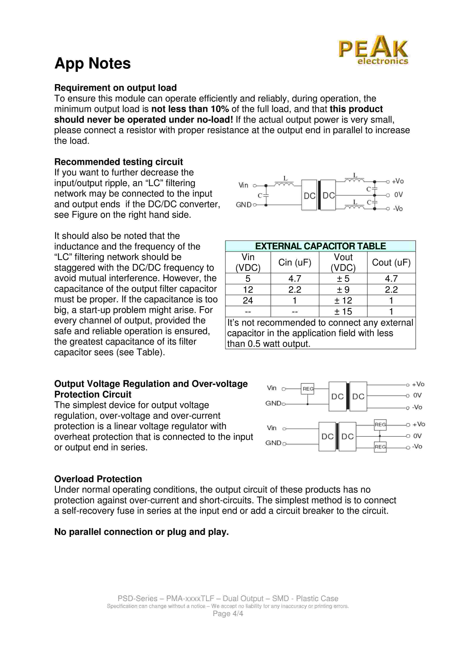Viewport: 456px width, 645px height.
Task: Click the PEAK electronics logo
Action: (x=373, y=50)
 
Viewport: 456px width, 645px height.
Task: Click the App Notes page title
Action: (x=93, y=63)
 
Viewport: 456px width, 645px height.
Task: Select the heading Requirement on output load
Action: (x=115, y=88)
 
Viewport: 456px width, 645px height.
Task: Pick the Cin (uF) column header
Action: (x=295, y=262)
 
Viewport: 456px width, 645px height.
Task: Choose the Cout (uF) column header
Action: (x=391, y=262)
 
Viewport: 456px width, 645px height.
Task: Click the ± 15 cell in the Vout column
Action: (x=343, y=311)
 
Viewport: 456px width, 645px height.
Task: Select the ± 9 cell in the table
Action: (x=343, y=290)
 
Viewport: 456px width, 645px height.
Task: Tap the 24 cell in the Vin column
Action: (x=248, y=301)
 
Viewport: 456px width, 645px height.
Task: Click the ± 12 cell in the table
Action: (x=343, y=301)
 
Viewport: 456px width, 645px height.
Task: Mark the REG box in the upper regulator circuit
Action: (x=308, y=389)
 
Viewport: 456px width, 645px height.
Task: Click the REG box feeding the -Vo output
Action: (x=380, y=447)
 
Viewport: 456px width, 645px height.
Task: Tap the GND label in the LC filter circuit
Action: (x=244, y=205)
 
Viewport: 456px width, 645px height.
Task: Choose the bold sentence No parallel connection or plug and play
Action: (x=141, y=532)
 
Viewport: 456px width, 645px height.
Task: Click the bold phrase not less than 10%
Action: (x=190, y=109)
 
